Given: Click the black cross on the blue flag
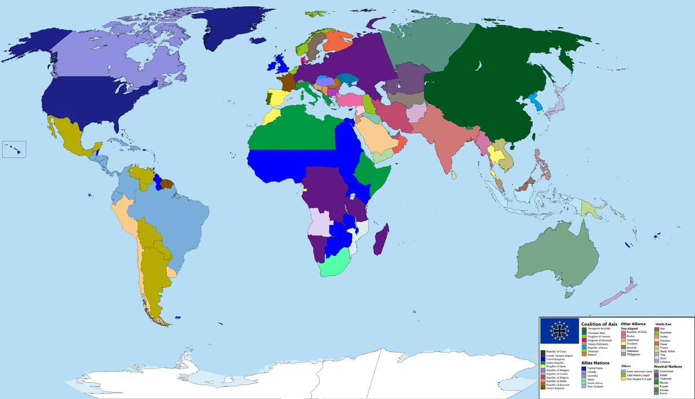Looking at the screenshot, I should pos(560,332).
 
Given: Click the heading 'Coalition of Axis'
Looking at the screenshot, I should pos(599,324).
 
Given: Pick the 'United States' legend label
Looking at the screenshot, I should pos(595,368).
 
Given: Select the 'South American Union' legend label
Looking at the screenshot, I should pos(640,371).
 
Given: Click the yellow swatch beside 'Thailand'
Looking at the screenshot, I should pos(623,343).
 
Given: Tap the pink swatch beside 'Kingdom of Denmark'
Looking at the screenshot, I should pos(583,340).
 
